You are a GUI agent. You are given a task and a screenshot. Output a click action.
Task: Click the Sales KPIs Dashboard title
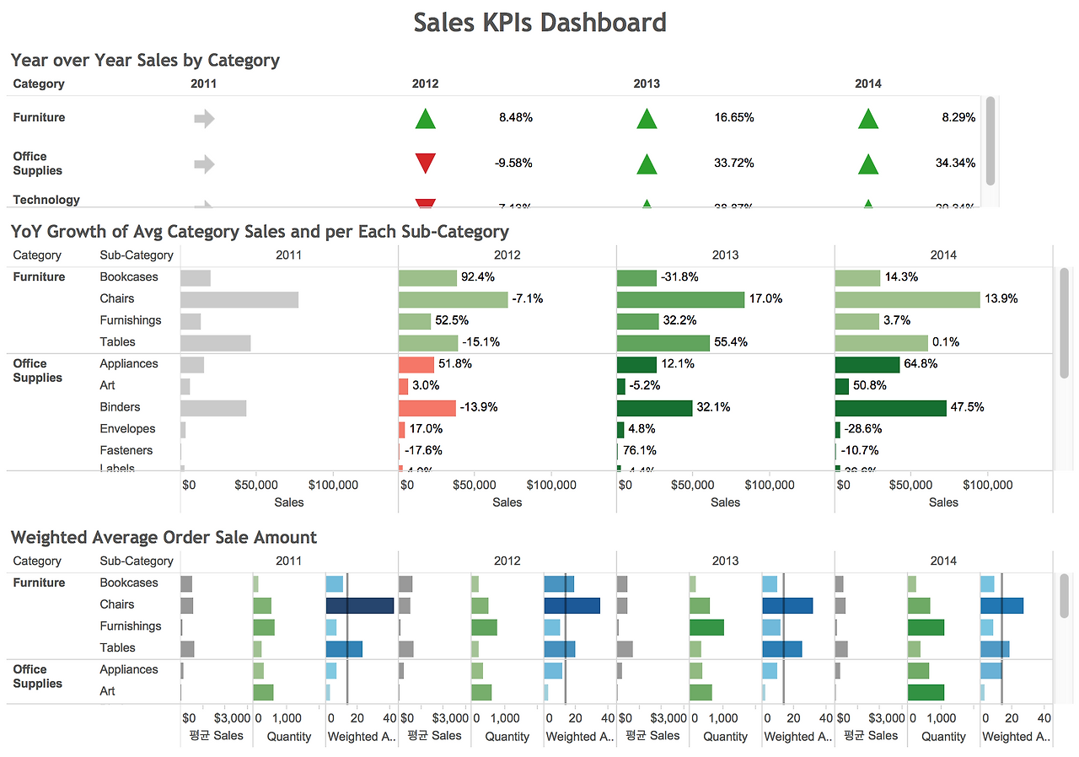point(539,22)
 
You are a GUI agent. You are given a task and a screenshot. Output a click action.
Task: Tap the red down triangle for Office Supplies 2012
point(426,163)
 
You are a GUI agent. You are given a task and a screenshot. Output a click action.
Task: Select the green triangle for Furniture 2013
point(647,119)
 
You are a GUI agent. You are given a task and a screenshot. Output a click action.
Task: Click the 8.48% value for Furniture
point(515,118)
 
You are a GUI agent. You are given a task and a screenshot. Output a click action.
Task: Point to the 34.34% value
point(955,163)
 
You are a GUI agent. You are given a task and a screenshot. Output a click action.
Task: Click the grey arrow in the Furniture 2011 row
point(204,119)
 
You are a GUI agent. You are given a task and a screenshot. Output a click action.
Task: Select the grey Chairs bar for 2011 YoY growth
point(239,299)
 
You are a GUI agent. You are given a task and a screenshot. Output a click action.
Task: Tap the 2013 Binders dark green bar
point(654,408)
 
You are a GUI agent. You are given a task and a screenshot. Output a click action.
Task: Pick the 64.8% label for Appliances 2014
point(921,364)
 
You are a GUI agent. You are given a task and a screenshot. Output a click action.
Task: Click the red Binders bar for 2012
point(427,408)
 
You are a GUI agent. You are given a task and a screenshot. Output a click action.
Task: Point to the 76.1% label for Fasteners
point(640,451)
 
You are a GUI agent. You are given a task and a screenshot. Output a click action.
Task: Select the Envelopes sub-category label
point(127,429)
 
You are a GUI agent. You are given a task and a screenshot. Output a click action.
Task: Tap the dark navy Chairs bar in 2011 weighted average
point(360,605)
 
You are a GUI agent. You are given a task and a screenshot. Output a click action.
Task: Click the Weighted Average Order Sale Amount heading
point(164,538)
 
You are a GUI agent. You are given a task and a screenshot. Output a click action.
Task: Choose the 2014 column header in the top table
point(868,83)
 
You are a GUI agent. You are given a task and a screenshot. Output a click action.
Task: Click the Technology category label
point(46,200)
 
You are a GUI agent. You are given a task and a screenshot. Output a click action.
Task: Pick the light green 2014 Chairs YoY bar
point(907,299)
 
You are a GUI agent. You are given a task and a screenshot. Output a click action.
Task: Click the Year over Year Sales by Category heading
point(145,61)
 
